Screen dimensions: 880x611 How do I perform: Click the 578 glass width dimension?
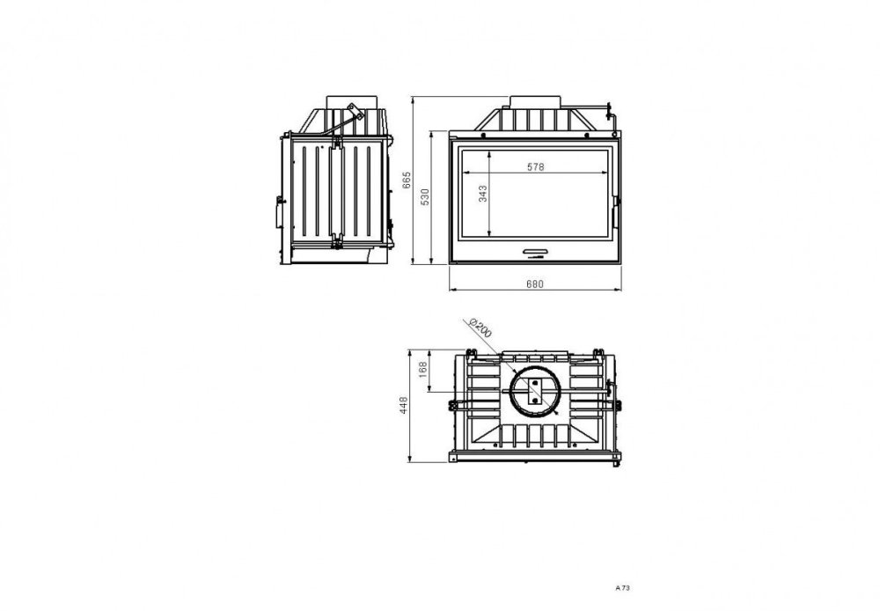pos(536,166)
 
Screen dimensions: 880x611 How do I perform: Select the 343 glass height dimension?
pos(482,193)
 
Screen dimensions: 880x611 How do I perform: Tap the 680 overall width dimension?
pos(535,283)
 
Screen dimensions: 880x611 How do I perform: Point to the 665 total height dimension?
pos(407,180)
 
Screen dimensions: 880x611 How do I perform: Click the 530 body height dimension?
pos(425,196)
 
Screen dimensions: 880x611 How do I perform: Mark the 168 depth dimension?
pos(423,369)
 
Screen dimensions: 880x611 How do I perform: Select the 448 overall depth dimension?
pos(404,405)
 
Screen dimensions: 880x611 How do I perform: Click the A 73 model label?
pos(623,588)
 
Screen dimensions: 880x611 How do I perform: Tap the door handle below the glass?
pos(535,250)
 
